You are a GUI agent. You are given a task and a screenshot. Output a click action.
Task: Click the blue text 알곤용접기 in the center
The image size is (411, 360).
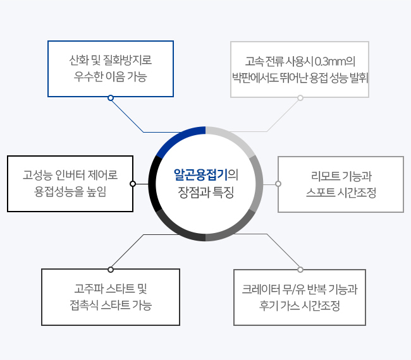200,175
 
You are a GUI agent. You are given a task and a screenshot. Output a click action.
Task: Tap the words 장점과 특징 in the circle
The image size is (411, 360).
205,193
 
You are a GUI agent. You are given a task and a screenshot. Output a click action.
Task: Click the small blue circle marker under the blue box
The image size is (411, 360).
111,98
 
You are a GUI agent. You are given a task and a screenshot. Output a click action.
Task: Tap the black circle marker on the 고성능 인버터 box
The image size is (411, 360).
133,184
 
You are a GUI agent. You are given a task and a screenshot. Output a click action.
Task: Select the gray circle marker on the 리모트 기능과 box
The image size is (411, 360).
278,184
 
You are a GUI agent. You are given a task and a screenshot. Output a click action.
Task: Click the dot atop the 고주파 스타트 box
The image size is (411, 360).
111,270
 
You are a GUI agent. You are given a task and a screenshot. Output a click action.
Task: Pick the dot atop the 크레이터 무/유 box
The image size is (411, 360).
300,270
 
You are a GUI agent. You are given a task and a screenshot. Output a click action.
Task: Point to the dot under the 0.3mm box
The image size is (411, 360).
300,98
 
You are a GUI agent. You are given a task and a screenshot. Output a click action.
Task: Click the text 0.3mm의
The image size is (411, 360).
334,61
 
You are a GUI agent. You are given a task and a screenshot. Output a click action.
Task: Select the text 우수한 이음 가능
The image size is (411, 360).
111,76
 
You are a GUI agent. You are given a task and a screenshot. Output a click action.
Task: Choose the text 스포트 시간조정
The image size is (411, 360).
341,193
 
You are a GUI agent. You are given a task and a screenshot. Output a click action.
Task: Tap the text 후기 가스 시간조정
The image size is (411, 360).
300,306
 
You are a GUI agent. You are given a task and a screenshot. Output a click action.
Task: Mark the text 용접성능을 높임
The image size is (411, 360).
70,191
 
